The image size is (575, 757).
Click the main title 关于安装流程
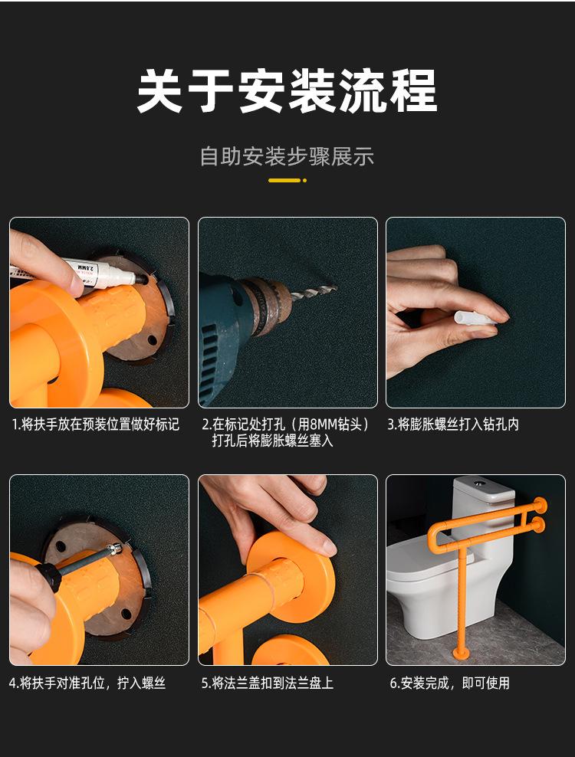287,90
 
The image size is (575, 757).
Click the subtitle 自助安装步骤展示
287,157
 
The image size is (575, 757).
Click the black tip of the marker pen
142,279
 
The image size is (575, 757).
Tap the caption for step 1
96,424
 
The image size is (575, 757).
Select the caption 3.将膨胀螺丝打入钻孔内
453,424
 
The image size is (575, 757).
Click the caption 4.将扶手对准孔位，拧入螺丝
87,683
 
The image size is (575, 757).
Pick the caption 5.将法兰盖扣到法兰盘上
268,683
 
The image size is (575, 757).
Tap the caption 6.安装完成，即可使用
450,683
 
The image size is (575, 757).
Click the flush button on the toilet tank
479,482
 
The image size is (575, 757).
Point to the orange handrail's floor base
460,654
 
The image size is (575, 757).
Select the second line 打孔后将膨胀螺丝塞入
272,441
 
